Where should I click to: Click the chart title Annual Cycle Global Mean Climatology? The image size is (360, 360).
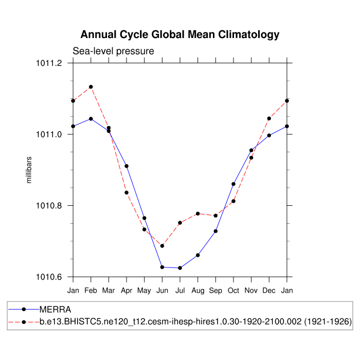[x=180, y=35]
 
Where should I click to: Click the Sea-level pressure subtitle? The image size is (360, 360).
[x=113, y=51]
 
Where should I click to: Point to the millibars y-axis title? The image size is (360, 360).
[x=29, y=170]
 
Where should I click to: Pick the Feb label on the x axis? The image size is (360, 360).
[x=91, y=291]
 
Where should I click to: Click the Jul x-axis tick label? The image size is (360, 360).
[x=180, y=291]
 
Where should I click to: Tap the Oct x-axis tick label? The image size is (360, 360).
[x=233, y=291]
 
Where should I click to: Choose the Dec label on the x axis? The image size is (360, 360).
[x=269, y=291]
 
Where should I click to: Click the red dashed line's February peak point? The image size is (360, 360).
[x=91, y=87]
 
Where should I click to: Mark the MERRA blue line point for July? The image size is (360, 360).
[x=180, y=268]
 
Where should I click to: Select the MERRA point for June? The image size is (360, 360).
[x=162, y=267]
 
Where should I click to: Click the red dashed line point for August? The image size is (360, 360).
[x=198, y=213]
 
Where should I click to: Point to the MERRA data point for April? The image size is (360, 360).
[x=127, y=166]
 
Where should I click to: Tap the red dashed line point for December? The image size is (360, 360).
[x=269, y=118]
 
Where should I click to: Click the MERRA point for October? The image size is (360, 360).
[x=233, y=184]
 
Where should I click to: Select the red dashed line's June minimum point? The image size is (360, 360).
[x=162, y=246]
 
